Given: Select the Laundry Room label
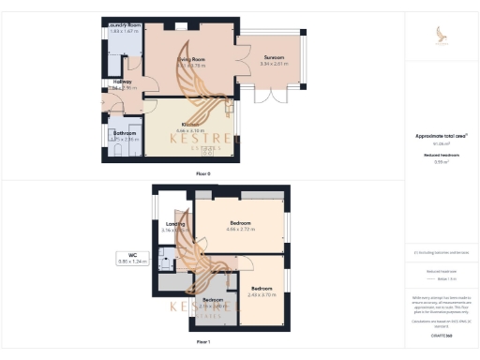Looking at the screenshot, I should pyautogui.click(x=122, y=26).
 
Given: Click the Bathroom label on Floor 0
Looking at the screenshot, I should pyautogui.click(x=125, y=133).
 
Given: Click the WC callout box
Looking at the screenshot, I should pyautogui.click(x=128, y=258).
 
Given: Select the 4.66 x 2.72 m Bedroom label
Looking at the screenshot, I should pyautogui.click(x=240, y=223).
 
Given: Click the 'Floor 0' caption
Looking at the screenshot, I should pyautogui.click(x=203, y=173).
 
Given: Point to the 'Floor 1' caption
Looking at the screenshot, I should pyautogui.click(x=203, y=343).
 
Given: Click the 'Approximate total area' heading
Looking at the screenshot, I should pyautogui.click(x=441, y=136).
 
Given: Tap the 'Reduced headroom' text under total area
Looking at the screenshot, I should pyautogui.click(x=441, y=155).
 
